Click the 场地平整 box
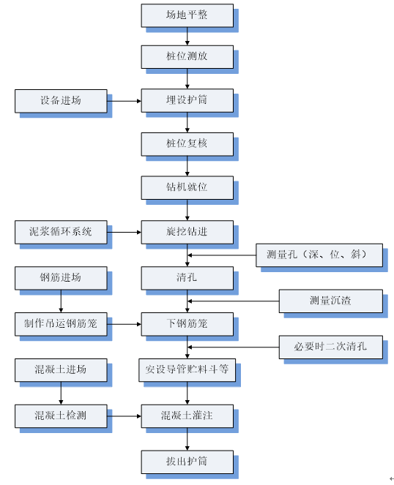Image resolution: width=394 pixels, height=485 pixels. click(187, 15)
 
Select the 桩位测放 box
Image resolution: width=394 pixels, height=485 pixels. click(187, 57)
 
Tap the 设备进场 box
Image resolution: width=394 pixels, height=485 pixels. click(61, 101)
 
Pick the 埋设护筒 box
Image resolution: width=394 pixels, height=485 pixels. click(187, 100)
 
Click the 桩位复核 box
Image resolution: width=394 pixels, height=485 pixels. click(187, 144)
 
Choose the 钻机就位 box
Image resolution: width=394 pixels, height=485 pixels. click(187, 188)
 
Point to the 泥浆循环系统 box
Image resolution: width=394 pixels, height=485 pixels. click(61, 233)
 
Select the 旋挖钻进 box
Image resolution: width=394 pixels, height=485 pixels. click(187, 233)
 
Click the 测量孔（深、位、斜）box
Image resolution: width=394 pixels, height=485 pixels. click(319, 255)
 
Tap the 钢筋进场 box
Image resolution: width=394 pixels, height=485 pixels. click(61, 279)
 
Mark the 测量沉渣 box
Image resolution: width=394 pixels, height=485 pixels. click(331, 301)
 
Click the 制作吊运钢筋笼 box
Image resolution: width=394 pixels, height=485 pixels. click(61, 324)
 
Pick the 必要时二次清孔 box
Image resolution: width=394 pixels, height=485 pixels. click(331, 347)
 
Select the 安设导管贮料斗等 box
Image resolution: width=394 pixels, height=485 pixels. click(187, 370)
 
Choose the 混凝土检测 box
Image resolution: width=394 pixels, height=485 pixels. click(61, 416)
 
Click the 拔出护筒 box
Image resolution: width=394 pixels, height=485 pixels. click(187, 462)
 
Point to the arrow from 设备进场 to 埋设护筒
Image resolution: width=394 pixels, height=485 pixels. click(124, 101)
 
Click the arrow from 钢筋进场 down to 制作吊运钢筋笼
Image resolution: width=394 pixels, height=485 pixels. click(61, 301)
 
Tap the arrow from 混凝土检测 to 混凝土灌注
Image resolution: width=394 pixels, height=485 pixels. click(124, 416)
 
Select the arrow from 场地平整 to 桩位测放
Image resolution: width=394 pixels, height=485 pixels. click(187, 37)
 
